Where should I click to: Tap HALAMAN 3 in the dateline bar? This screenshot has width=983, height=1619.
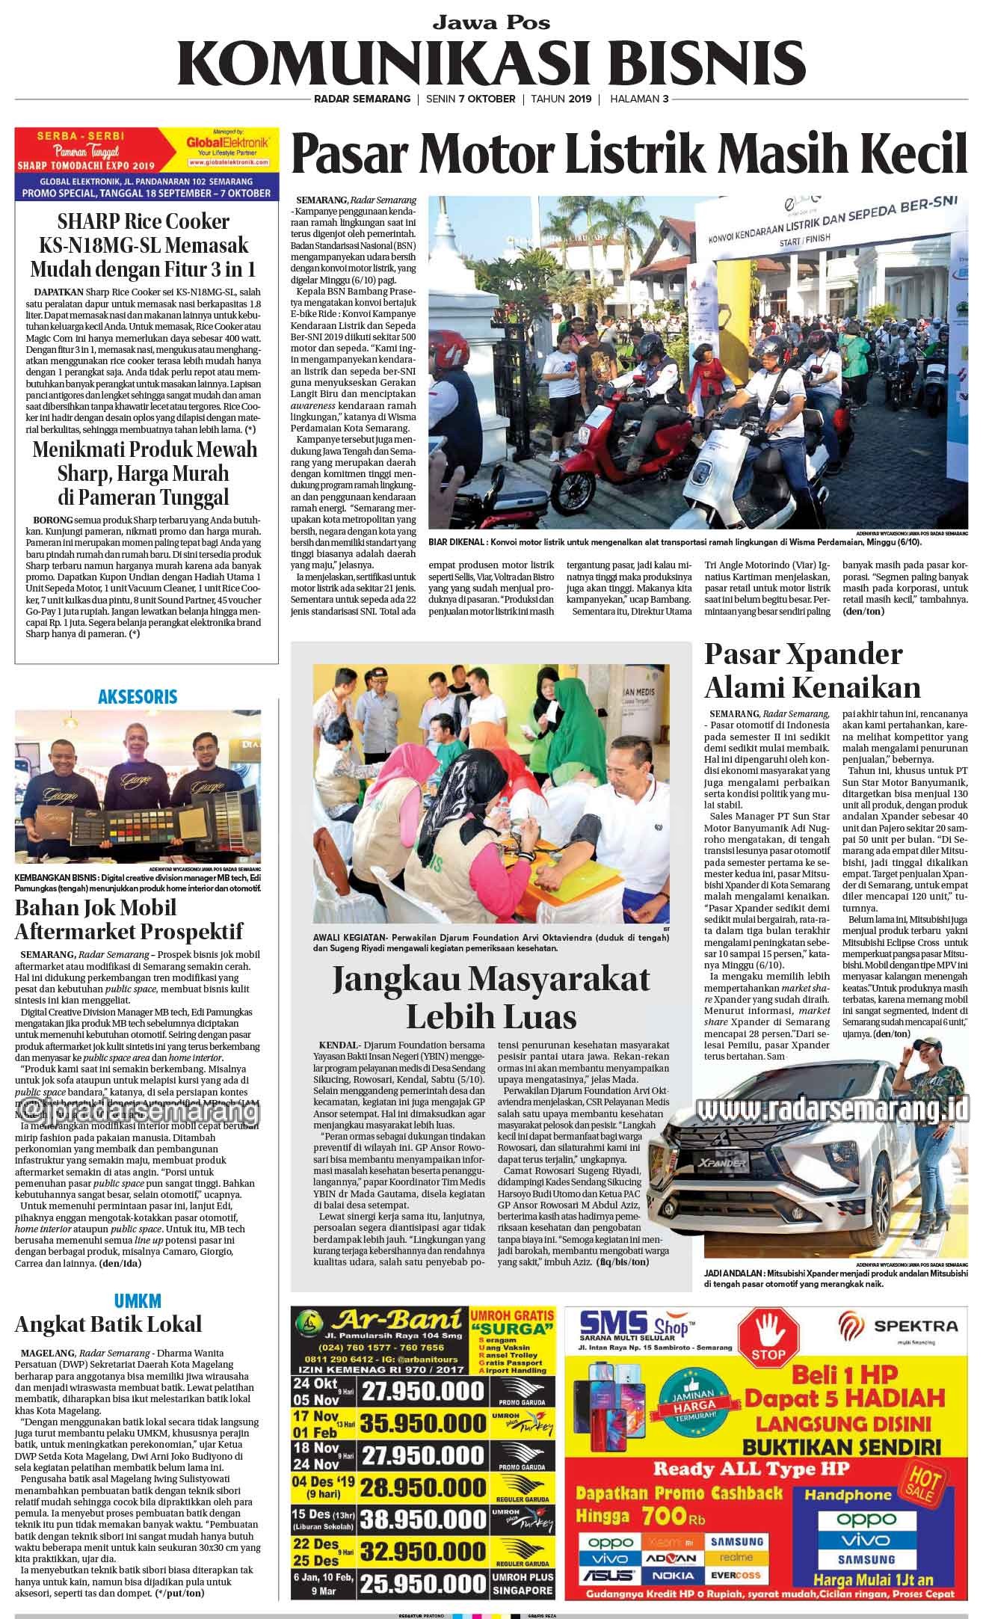[639, 99]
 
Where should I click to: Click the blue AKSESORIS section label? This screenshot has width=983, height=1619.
[138, 697]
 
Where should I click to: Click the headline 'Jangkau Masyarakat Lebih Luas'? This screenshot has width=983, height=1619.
[490, 996]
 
